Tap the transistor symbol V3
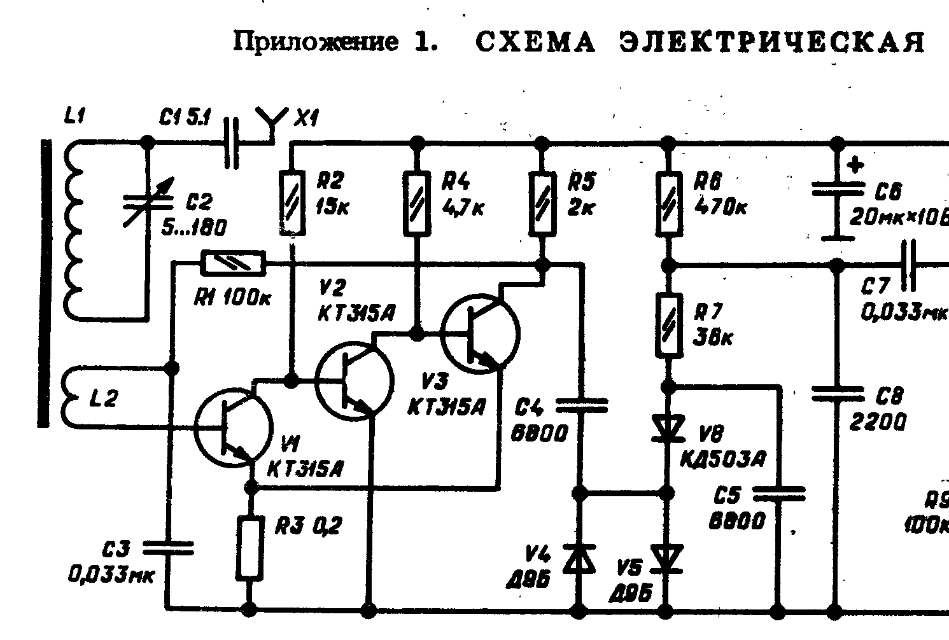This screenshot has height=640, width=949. [481, 333]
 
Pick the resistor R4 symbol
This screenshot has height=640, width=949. [417, 202]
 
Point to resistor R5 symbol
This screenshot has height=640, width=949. [542, 202]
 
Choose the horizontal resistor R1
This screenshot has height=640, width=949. [233, 263]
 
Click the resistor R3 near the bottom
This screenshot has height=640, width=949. [250, 548]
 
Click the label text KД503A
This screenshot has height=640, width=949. [723, 458]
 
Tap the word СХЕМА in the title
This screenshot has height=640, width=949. [535, 43]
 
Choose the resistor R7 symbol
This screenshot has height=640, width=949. [668, 326]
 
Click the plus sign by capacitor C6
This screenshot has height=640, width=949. [857, 165]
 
